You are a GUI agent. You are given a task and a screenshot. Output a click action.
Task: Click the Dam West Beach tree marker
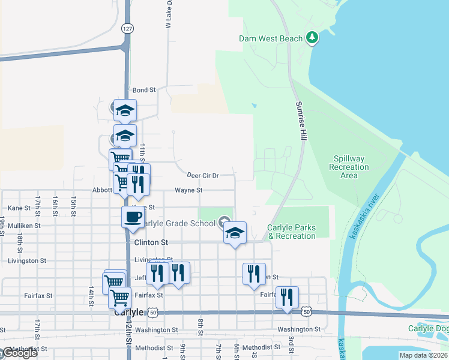click(x=312, y=38)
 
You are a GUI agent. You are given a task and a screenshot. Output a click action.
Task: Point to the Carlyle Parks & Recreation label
click(x=292, y=232)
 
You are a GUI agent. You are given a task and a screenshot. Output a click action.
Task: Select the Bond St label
click(x=144, y=90)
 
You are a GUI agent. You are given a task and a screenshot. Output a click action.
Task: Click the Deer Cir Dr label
click(x=202, y=176)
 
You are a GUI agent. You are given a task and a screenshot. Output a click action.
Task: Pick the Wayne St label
click(x=189, y=190)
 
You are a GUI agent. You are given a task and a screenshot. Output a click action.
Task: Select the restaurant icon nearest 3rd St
click(x=287, y=296)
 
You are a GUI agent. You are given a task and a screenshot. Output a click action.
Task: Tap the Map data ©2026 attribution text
click(x=423, y=355)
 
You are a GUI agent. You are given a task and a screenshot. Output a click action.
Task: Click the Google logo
click(x=19, y=353)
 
